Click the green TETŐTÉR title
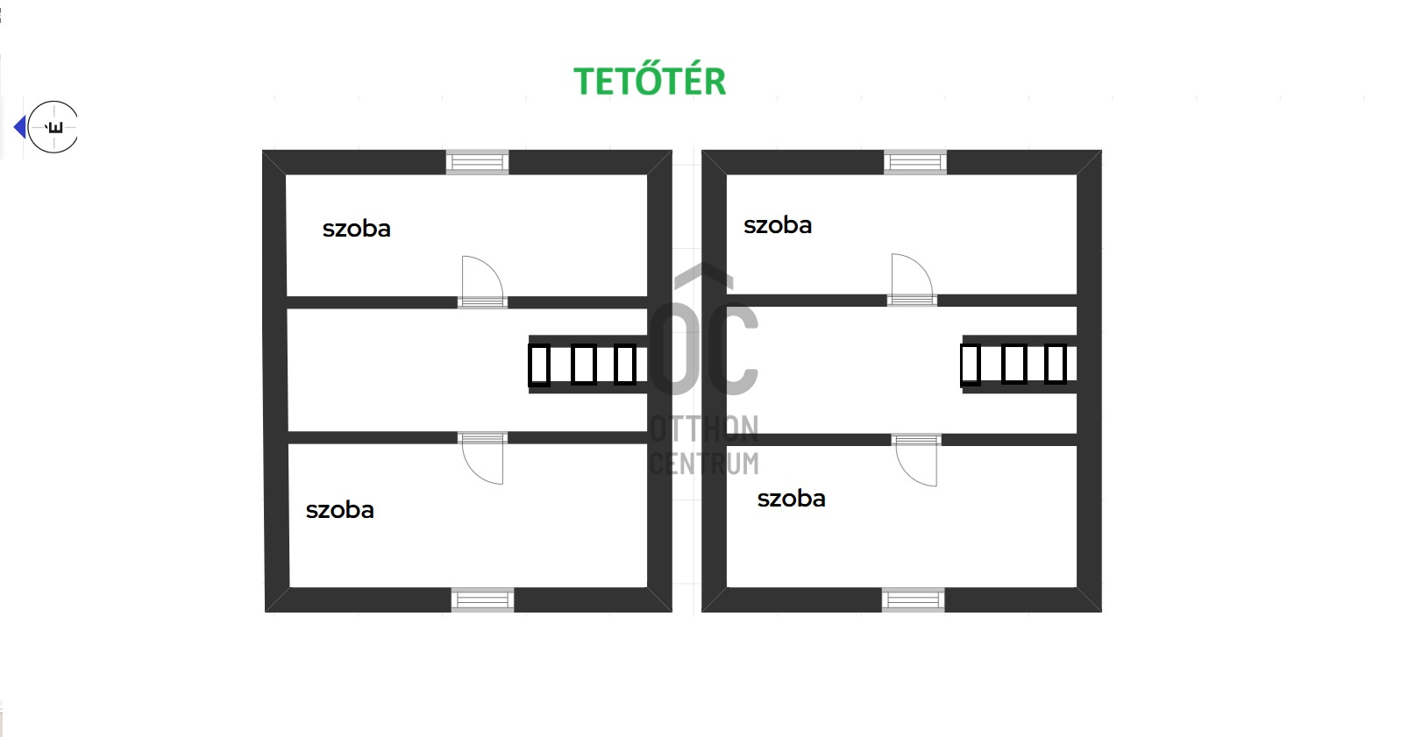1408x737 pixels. pos(650,81)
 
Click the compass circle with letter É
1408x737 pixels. pos(53,127)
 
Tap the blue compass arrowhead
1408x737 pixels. pos(20,128)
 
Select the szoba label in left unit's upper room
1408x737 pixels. pos(356,229)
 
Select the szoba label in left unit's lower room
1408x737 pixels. pos(339,510)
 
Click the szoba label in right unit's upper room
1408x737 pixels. pos(777,225)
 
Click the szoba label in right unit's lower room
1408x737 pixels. pos(791,499)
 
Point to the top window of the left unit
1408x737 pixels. pos(477,162)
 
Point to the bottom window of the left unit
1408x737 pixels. pos(482,600)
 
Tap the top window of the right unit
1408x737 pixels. pos(915,162)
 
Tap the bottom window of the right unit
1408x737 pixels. pos(913,600)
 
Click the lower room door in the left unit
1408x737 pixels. pos(483,458)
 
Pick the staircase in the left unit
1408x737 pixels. pos(587,365)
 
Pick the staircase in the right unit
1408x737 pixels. pos(1019,364)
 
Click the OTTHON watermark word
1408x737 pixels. pos(704,429)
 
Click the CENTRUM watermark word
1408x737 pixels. pos(704,463)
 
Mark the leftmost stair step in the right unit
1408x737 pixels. pos(970,365)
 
